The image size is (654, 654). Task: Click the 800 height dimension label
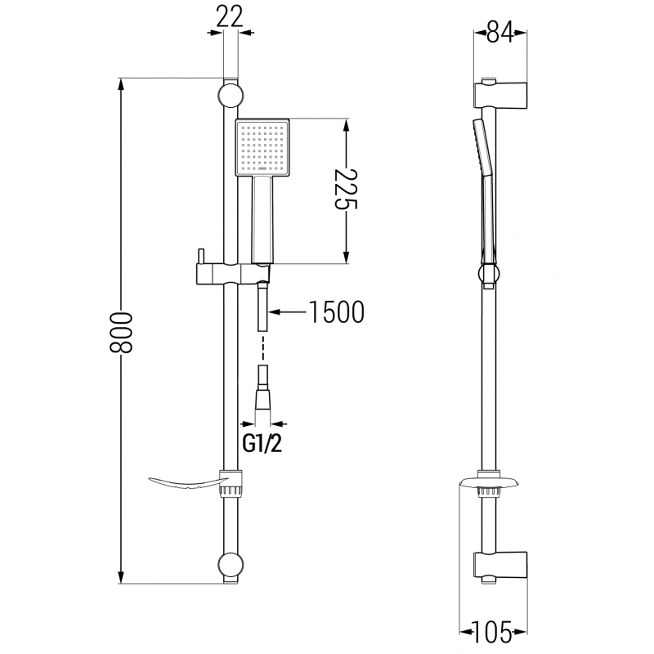pyautogui.click(x=120, y=331)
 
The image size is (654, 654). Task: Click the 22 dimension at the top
pyautogui.click(x=231, y=16)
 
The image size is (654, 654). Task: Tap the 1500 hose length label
pyautogui.click(x=336, y=312)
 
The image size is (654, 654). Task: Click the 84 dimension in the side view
pyautogui.click(x=500, y=34)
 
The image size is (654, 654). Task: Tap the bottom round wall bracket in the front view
pyautogui.click(x=231, y=566)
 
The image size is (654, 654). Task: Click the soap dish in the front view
pyautogui.click(x=184, y=483)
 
